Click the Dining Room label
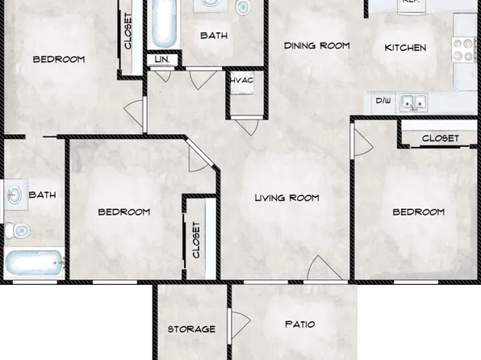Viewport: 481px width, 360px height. click(316, 46)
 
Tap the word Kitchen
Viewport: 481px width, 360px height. click(404, 48)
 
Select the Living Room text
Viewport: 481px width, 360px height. click(287, 198)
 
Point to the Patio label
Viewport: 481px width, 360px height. click(299, 324)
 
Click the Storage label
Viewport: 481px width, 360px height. click(191, 329)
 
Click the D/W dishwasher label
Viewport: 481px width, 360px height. click(383, 103)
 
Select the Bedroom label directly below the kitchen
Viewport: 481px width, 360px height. click(418, 212)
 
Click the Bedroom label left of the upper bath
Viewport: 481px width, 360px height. click(59, 59)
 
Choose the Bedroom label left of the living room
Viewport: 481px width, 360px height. click(123, 212)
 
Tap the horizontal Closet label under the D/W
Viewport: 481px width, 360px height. click(441, 138)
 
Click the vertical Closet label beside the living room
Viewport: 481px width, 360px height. click(196, 240)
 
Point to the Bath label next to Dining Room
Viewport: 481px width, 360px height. click(214, 36)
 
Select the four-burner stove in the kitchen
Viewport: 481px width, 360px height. click(463, 50)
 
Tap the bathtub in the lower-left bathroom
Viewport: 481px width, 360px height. click(32, 264)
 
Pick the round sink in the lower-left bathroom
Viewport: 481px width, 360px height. click(15, 195)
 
